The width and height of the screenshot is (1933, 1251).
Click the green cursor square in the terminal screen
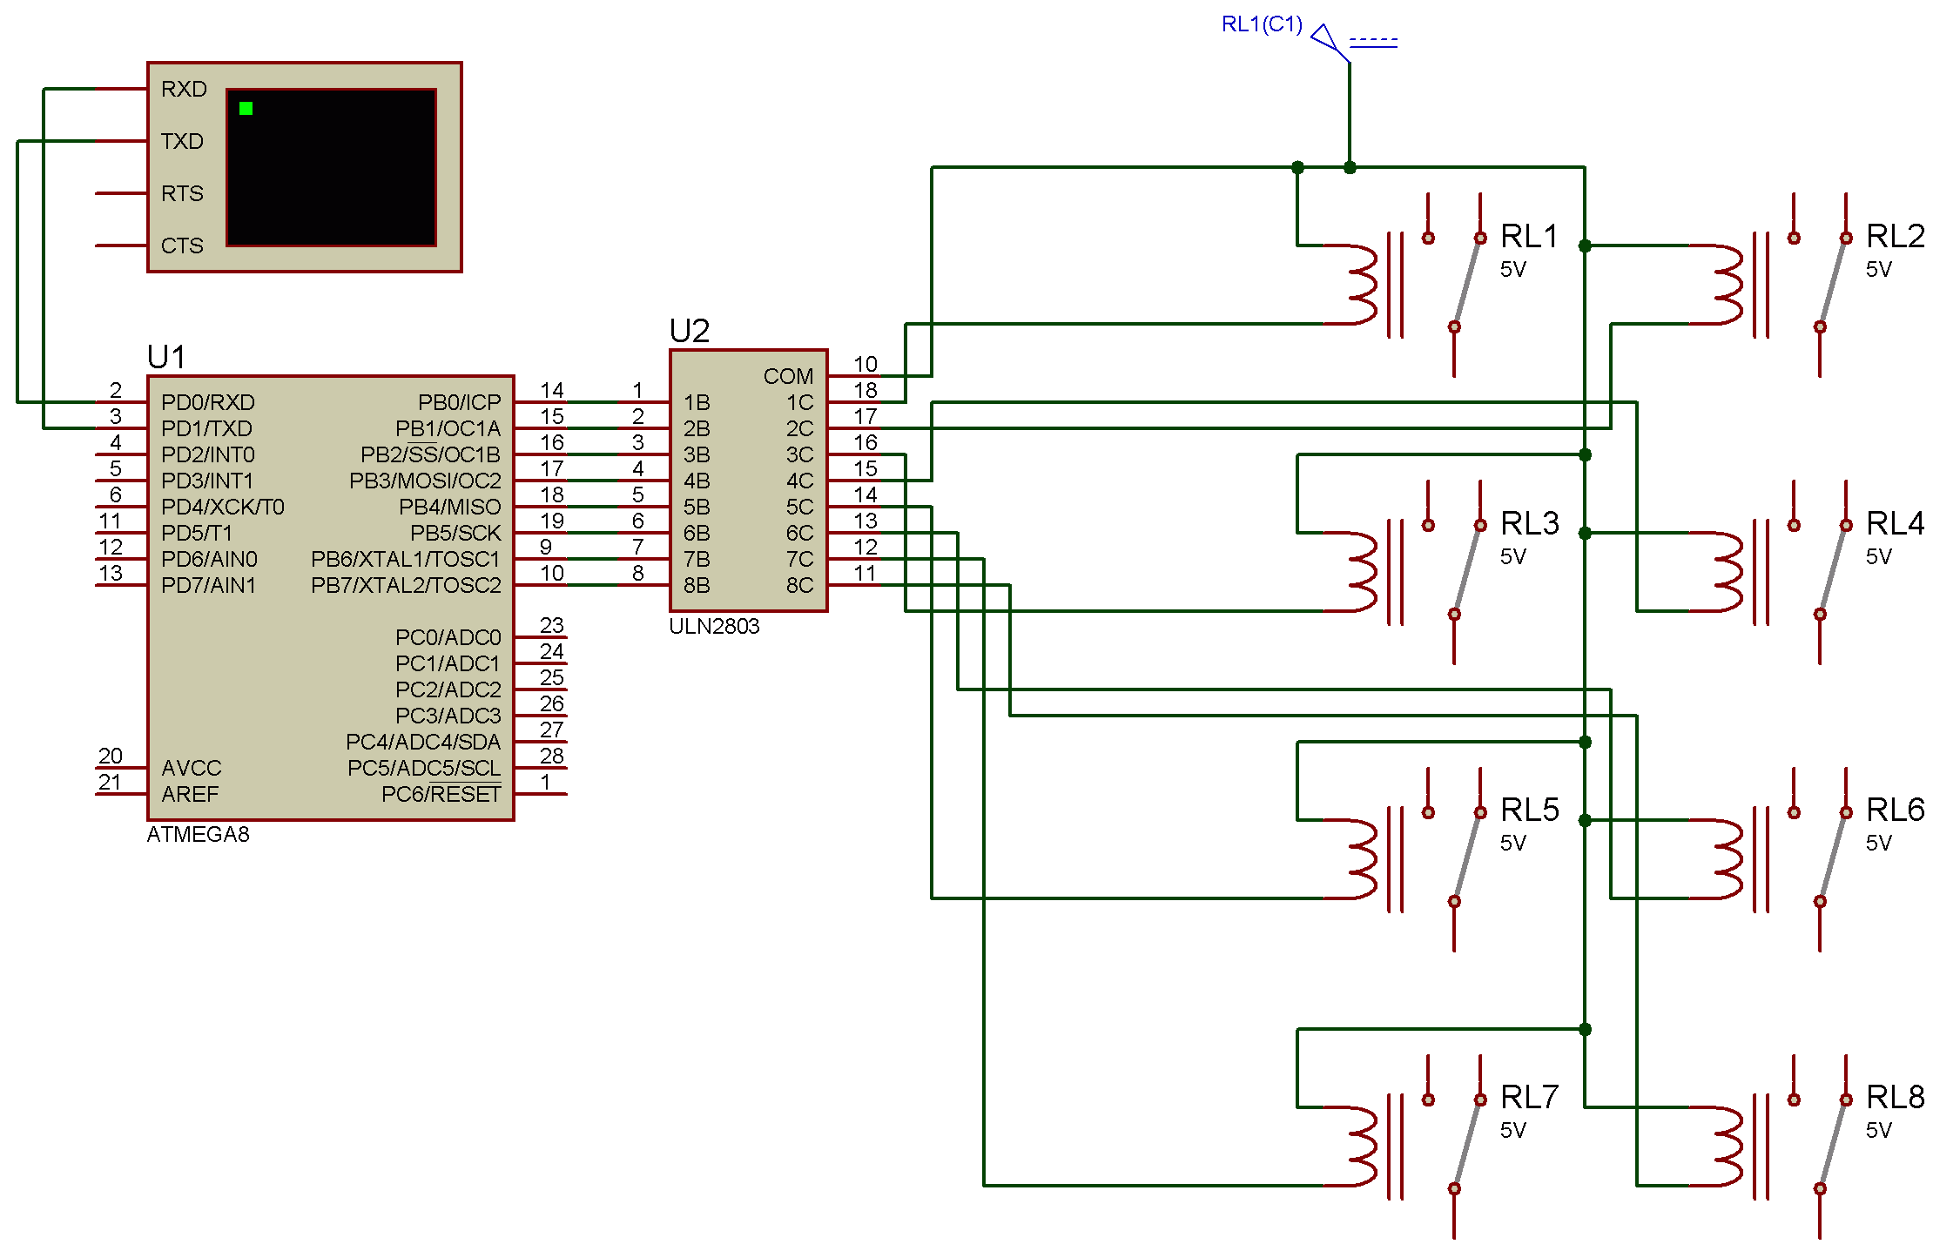(246, 109)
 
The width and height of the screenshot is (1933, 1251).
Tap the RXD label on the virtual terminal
(184, 89)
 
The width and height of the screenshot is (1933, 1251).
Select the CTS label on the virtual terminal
(182, 245)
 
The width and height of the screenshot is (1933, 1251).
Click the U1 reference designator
(166, 357)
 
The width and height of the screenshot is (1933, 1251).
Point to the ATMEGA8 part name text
(198, 835)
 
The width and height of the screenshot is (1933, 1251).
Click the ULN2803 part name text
(714, 627)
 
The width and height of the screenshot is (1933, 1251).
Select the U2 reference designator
(689, 331)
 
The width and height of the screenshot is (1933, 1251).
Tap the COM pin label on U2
(788, 376)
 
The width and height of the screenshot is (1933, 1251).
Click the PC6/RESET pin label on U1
(441, 794)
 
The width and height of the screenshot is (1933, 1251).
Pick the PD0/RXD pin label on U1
(208, 402)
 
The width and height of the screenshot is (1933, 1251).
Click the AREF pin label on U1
(190, 794)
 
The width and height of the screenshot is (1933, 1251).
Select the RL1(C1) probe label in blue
(1262, 24)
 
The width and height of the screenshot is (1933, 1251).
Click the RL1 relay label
(1529, 236)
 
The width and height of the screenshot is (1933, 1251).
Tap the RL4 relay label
(1895, 523)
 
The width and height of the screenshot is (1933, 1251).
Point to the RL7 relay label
(1529, 1097)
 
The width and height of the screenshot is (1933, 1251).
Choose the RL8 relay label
(1895, 1097)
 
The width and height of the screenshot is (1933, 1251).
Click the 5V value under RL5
(1513, 844)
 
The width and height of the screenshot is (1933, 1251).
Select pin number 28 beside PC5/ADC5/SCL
(552, 756)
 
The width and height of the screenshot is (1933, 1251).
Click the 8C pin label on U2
(799, 585)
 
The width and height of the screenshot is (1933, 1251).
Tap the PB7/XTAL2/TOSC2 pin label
(406, 585)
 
